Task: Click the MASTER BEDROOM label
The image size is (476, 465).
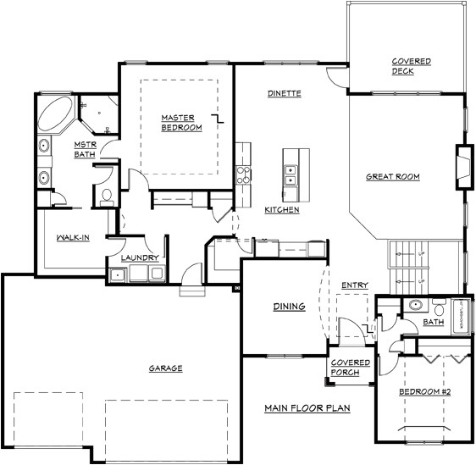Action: point(182,122)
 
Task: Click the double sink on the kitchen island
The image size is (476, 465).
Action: point(291,174)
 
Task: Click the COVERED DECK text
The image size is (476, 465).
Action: point(411,66)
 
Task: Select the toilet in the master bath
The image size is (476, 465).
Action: point(105,197)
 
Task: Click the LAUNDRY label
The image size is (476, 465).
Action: point(136,257)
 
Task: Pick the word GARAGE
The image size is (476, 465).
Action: point(166,368)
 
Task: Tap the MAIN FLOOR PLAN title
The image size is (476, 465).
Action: point(307,407)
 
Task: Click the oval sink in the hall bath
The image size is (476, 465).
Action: point(415,306)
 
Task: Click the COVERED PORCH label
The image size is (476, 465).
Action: point(350,367)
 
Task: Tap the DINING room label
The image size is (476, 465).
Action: point(288,306)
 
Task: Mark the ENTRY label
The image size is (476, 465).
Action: point(354,285)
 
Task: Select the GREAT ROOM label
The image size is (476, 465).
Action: point(393,176)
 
